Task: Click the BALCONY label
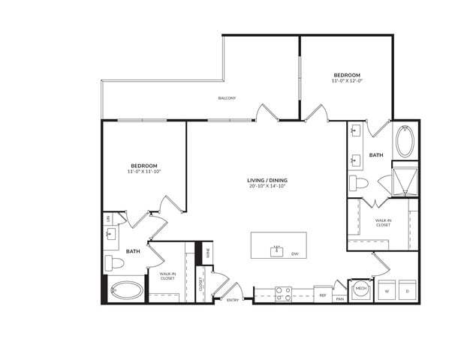pos(227,98)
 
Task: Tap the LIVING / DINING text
pos(268,180)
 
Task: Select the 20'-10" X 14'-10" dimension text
pos(268,186)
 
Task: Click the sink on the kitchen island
pos(276,247)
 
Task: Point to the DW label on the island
pos(295,254)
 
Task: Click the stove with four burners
pos(283,293)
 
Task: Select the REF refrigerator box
pos(322,295)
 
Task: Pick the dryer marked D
pos(407,290)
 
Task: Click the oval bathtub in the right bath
pos(404,142)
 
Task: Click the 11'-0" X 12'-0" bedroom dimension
pos(347,81)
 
